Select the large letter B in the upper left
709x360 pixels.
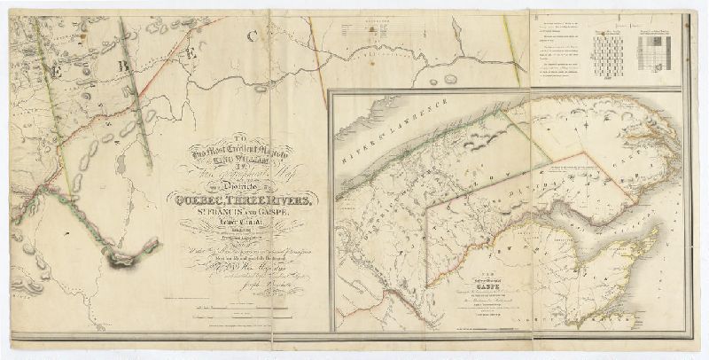127,65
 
